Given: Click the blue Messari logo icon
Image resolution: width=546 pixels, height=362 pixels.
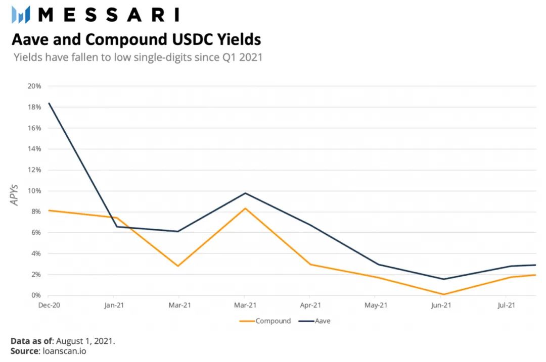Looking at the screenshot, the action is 21,15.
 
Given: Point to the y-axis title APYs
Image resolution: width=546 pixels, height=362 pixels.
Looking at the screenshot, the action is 14,195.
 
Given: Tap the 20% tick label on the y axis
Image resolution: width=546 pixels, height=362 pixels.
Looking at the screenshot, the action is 34,86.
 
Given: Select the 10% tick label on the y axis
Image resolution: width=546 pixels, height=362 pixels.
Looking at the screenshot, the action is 34,190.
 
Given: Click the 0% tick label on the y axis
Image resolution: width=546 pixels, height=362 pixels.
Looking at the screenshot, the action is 36,295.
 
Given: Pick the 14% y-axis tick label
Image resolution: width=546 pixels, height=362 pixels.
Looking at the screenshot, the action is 34,149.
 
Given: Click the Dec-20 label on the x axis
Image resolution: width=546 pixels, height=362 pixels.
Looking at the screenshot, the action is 49,305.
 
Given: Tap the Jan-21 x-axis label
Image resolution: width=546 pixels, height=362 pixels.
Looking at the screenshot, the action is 114,305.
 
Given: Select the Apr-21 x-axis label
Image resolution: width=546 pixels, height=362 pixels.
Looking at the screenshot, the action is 310,305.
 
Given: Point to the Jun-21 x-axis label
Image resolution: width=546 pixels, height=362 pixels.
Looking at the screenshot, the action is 441,305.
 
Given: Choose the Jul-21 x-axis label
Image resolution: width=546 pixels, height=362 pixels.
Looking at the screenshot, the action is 506,305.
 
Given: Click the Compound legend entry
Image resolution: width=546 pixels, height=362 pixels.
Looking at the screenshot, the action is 265,321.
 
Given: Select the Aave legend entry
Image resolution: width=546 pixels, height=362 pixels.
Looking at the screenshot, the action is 314,321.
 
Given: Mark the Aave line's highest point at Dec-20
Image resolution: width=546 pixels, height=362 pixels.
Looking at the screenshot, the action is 49,104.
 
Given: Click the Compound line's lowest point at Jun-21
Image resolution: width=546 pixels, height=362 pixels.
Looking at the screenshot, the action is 443,294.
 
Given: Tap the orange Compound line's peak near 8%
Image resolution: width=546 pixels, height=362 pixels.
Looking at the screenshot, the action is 245,209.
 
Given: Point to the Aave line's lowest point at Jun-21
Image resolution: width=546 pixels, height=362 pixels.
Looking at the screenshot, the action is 443,279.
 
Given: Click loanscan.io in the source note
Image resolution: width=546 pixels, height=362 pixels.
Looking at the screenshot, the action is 64,351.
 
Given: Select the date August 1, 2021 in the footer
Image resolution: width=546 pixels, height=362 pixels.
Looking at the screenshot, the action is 85,341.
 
